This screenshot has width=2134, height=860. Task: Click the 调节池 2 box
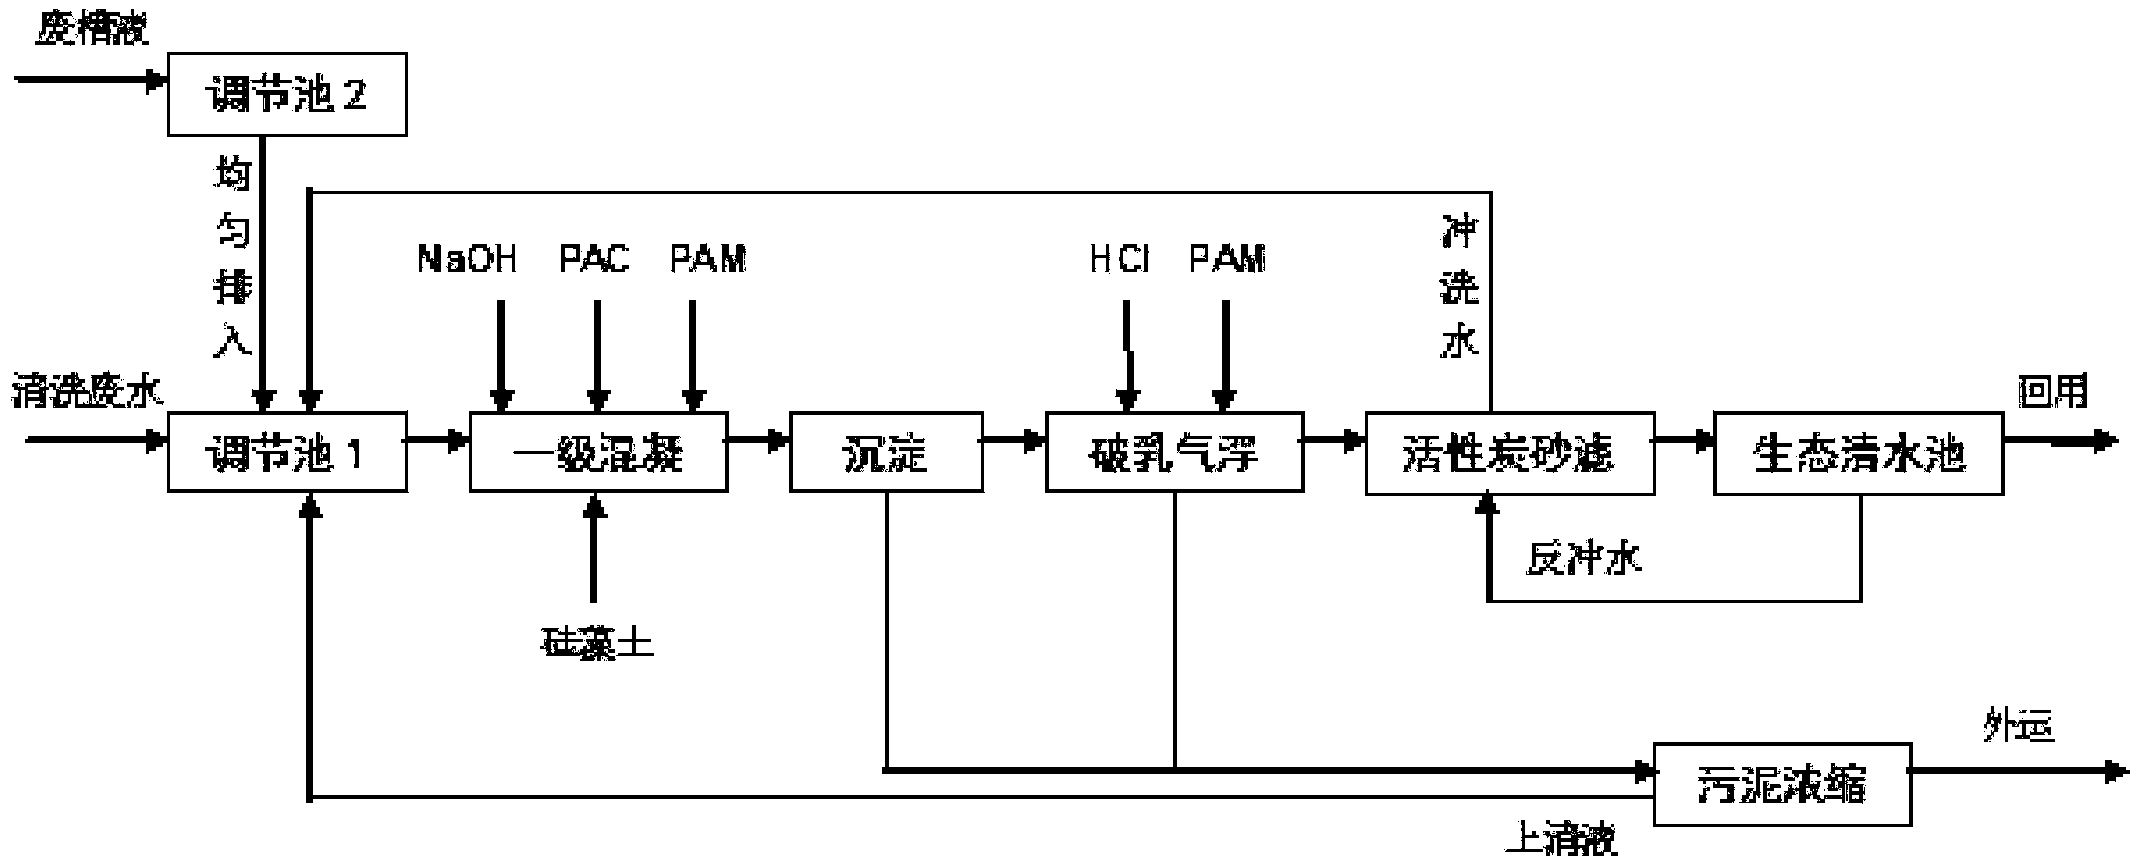point(286,94)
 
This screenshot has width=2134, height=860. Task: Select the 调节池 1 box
point(286,452)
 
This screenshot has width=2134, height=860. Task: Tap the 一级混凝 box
point(598,452)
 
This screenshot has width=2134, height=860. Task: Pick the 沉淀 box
point(885,452)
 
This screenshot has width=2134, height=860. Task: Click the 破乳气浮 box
point(1173,452)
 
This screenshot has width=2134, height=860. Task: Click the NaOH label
point(467,259)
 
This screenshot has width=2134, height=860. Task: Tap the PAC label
point(595,259)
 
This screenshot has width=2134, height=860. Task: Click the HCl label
point(1119,259)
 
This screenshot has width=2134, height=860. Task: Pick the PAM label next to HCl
point(1227,259)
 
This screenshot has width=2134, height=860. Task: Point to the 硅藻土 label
point(597,643)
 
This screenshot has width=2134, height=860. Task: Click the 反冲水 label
point(1583,558)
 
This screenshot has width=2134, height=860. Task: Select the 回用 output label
point(2051,391)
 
